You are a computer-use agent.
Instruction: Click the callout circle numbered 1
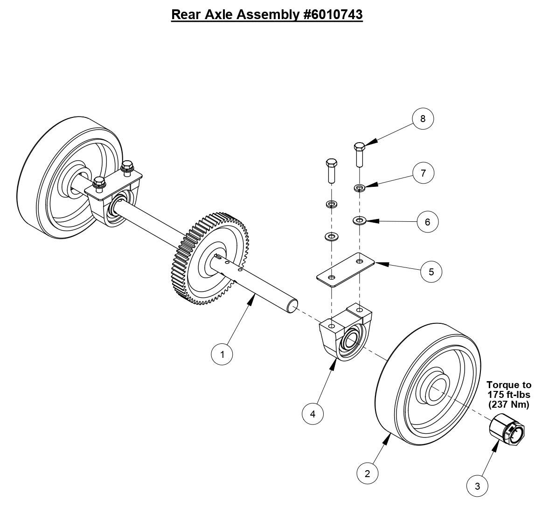pyautogui.click(x=222, y=354)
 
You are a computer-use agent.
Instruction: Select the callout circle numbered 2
pyautogui.click(x=368, y=473)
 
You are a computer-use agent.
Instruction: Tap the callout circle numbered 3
pyautogui.click(x=477, y=486)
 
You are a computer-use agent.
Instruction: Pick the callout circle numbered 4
pyautogui.click(x=313, y=413)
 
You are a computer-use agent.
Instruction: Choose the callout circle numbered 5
pyautogui.click(x=431, y=271)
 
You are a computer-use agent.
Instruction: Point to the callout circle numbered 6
pyautogui.click(x=427, y=222)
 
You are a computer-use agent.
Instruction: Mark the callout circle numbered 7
pyautogui.click(x=423, y=173)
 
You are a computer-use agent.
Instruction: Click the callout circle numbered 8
pyautogui.click(x=423, y=118)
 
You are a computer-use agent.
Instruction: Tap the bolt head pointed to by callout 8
pyautogui.click(x=360, y=146)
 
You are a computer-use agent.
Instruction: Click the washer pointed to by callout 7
pyautogui.click(x=359, y=188)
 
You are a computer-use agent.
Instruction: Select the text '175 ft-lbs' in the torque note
pyautogui.click(x=509, y=395)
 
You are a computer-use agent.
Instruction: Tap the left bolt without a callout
pyautogui.click(x=331, y=171)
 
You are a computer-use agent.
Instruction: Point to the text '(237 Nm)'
pyautogui.click(x=509, y=404)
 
